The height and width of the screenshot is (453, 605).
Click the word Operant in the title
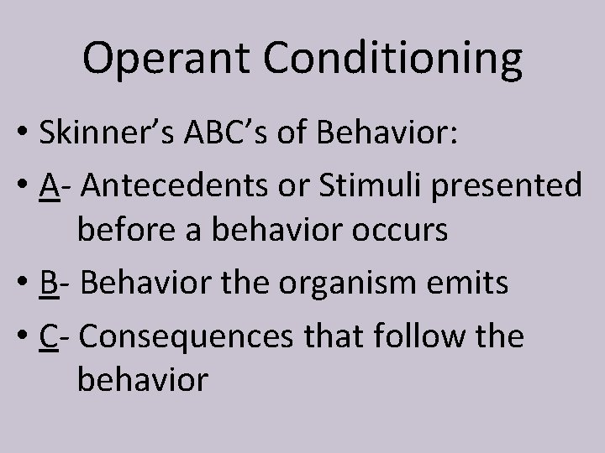[165, 60]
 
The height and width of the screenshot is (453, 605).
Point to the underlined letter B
[48, 284]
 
